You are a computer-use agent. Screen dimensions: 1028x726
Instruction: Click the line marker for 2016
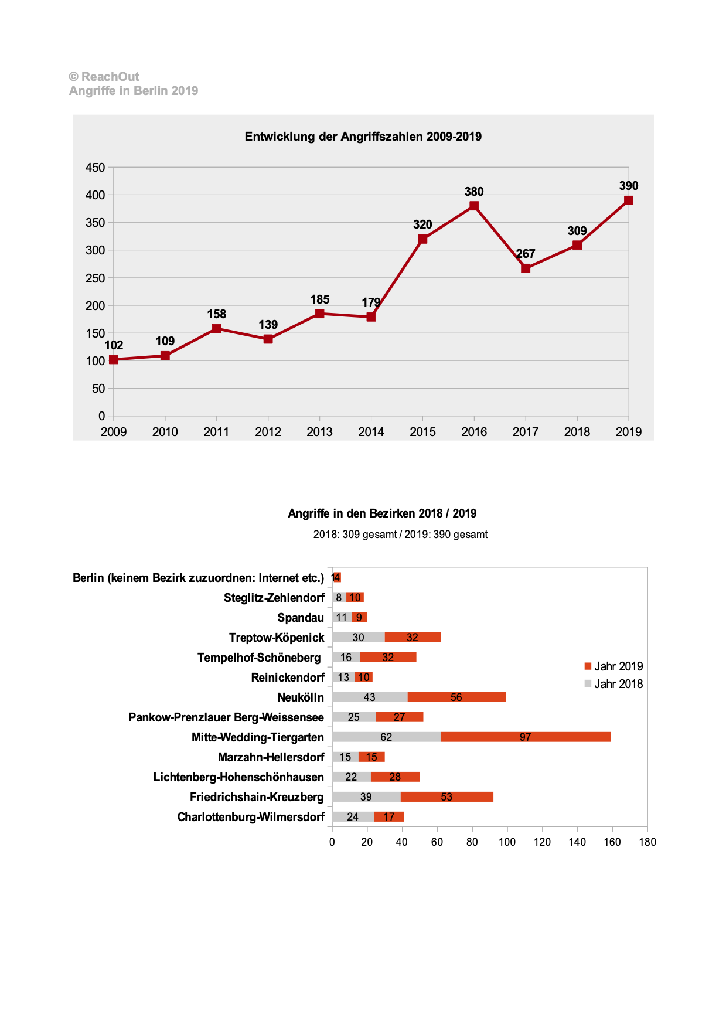pos(474,206)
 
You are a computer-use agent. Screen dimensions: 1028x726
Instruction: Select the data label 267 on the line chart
pos(526,254)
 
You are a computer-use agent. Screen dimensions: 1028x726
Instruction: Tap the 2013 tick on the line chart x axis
pos(319,432)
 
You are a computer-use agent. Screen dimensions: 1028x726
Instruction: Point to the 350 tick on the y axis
pos(95,223)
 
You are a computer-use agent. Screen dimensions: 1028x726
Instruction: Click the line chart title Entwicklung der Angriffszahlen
pos(363,137)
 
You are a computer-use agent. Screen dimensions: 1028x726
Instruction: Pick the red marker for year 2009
pos(114,359)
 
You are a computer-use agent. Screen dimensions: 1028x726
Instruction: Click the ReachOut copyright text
pos(104,77)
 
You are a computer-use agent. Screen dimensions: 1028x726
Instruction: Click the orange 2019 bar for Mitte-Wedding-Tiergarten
pos(526,737)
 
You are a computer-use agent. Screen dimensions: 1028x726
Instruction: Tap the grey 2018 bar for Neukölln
pos(369,697)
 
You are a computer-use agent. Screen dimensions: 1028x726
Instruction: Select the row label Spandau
pos(301,618)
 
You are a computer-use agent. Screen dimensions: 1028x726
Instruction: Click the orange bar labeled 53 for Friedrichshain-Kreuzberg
pos(446,796)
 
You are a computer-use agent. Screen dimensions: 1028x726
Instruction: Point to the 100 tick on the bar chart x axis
pos(507,842)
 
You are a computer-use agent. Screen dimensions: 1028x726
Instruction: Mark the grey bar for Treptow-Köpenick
pos(358,637)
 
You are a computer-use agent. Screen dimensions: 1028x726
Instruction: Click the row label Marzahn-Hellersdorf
pos(271,757)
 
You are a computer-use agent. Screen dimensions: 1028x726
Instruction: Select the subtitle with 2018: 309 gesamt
pos(400,535)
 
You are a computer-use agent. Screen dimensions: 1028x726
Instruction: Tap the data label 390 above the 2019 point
pos(628,186)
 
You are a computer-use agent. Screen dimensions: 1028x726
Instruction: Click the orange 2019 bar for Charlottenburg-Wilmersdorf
pos(389,816)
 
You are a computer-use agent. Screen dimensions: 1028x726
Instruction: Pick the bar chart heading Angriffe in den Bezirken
pos(382,513)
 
